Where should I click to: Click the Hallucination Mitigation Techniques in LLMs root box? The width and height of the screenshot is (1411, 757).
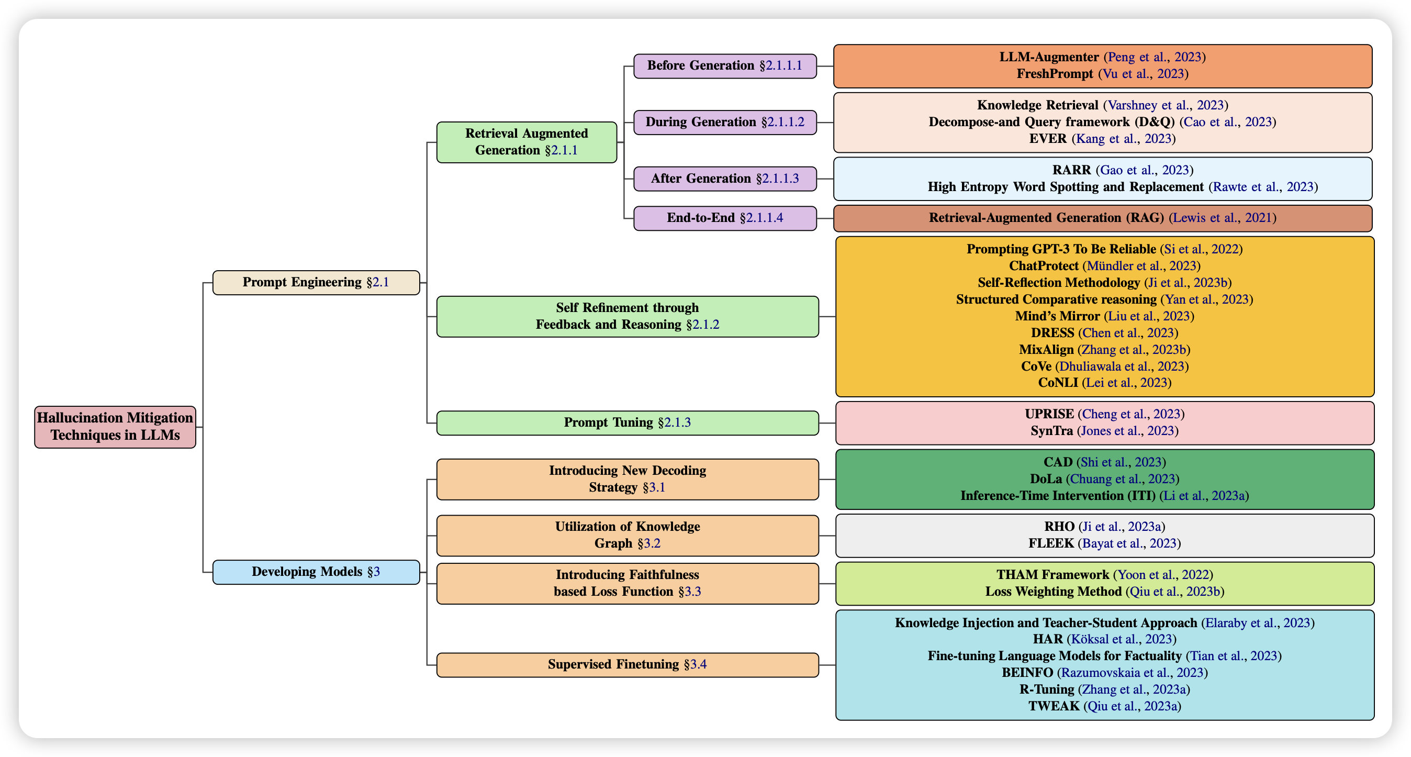coord(115,427)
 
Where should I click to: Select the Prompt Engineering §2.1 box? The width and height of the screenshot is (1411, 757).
coord(316,283)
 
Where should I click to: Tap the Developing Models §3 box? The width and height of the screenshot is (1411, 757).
coord(316,572)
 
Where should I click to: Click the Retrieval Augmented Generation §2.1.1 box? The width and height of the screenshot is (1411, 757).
coord(527,142)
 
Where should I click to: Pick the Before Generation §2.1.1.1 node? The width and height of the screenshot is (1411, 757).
coord(725,66)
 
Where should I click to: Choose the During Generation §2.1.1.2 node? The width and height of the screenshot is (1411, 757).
coord(725,122)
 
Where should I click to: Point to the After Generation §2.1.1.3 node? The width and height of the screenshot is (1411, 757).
coord(725,179)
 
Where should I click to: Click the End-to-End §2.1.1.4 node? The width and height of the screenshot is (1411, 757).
coord(725,218)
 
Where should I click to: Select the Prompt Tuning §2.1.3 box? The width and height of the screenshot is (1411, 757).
coord(627,423)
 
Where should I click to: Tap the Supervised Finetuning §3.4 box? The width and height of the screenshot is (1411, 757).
coord(627,664)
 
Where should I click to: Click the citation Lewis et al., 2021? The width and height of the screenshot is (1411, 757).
coord(1222,218)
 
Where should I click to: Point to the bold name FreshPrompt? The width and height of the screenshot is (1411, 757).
coord(1055,74)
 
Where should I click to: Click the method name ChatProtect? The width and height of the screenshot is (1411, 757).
coord(1044,266)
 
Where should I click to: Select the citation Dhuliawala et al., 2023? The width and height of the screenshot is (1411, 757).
coord(1122,366)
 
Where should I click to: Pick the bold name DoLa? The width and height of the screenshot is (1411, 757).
coord(1046,480)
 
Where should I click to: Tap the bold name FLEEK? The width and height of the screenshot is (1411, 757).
coord(1050,543)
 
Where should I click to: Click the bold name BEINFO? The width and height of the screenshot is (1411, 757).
coord(1027,673)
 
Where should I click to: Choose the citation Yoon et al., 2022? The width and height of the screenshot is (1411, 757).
coord(1163,575)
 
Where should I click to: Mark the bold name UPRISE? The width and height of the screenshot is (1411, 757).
coord(1049,414)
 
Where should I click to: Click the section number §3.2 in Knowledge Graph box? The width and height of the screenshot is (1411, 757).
coord(649,543)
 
